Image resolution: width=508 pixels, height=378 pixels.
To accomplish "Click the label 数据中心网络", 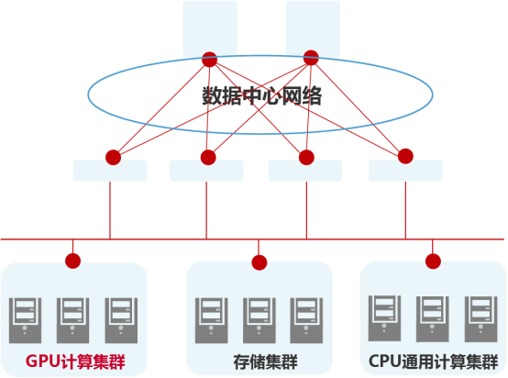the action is [262, 96].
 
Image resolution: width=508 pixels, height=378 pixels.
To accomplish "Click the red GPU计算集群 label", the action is [75, 361].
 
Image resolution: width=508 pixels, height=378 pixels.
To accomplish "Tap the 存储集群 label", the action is [265, 361].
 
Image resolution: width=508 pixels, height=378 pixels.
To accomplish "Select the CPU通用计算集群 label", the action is [433, 361].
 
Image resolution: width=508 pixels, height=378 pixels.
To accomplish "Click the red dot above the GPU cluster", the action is [72, 261].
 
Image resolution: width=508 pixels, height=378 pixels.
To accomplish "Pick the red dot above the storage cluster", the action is [260, 262].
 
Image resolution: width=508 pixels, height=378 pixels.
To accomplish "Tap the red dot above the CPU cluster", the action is [433, 261].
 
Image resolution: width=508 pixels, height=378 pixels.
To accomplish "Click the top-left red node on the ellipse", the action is [210, 60].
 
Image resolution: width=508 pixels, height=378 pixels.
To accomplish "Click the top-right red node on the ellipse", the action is [311, 58].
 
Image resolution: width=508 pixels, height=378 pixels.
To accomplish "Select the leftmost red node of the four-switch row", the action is [114, 158].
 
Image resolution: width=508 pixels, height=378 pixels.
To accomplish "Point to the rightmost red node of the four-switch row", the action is [405, 156].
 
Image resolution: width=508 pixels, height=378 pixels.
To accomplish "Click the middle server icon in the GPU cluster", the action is [72, 320].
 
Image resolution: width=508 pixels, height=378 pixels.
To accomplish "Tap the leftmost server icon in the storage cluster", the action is [211, 320].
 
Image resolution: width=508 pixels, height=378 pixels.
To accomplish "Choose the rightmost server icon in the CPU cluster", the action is [481, 319].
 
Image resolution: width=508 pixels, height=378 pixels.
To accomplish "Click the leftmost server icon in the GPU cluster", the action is [26, 320].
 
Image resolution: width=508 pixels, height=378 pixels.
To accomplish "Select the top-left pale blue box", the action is [210, 29].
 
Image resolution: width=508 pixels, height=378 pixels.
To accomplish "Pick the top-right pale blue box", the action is [313, 29].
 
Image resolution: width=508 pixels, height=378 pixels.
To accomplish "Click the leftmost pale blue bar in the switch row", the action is [110, 171].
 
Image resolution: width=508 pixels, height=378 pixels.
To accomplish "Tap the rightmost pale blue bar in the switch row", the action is [405, 171].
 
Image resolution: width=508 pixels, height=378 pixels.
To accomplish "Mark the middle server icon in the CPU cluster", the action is [433, 319].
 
